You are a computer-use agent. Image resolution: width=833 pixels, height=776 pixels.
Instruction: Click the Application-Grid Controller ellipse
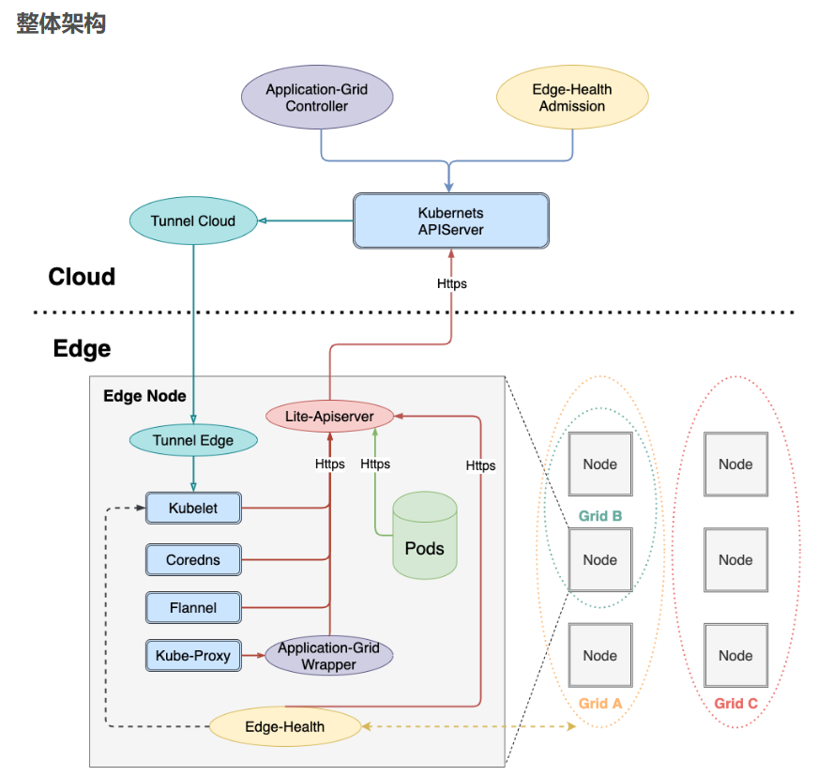pos(317,99)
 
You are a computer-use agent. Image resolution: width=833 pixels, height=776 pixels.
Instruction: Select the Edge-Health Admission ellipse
pos(571,99)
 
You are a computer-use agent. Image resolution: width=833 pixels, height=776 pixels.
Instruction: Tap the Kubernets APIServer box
pos(450,221)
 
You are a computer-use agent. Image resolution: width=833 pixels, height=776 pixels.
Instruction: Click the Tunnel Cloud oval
pos(192,221)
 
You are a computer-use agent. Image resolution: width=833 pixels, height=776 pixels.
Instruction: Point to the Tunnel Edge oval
pos(192,440)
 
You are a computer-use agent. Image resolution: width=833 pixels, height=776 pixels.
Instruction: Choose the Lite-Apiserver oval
pos(328,416)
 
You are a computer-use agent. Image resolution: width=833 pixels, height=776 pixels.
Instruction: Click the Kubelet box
pos(193,509)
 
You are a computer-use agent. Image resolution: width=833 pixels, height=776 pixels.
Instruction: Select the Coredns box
pos(193,560)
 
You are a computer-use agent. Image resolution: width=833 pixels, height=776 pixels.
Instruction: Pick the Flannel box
pos(193,608)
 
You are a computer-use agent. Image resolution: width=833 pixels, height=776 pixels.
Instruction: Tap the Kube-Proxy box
pos(193,656)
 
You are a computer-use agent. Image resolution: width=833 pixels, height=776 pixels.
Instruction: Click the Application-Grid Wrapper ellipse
pos(328,656)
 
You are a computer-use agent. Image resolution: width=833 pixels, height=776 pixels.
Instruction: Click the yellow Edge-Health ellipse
pos(284,726)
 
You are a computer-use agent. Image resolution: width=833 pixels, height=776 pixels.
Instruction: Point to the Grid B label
pos(599,516)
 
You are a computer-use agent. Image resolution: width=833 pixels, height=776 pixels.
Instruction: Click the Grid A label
pos(599,704)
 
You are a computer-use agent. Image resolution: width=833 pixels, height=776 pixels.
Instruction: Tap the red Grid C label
pos(735,704)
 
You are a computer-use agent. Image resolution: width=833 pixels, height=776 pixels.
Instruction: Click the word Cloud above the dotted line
pos(82,277)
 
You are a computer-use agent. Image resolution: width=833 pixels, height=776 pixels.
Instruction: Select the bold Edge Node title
pos(144,396)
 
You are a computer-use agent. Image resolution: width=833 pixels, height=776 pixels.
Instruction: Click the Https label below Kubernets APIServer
pos(451,283)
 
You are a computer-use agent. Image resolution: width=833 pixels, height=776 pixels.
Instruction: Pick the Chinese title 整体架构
pos(61,23)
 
